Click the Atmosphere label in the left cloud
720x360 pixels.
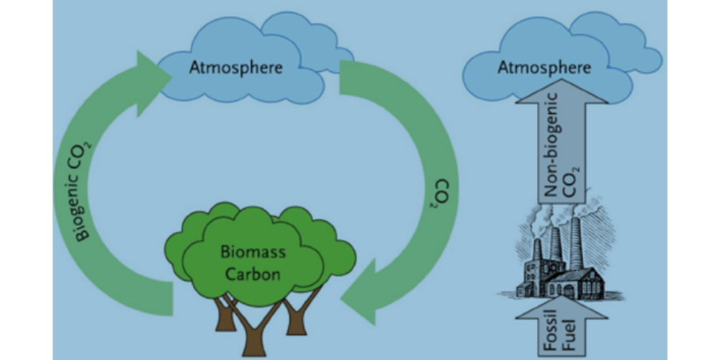pyautogui.click(x=235, y=68)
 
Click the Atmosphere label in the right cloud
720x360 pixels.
pyautogui.click(x=544, y=68)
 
